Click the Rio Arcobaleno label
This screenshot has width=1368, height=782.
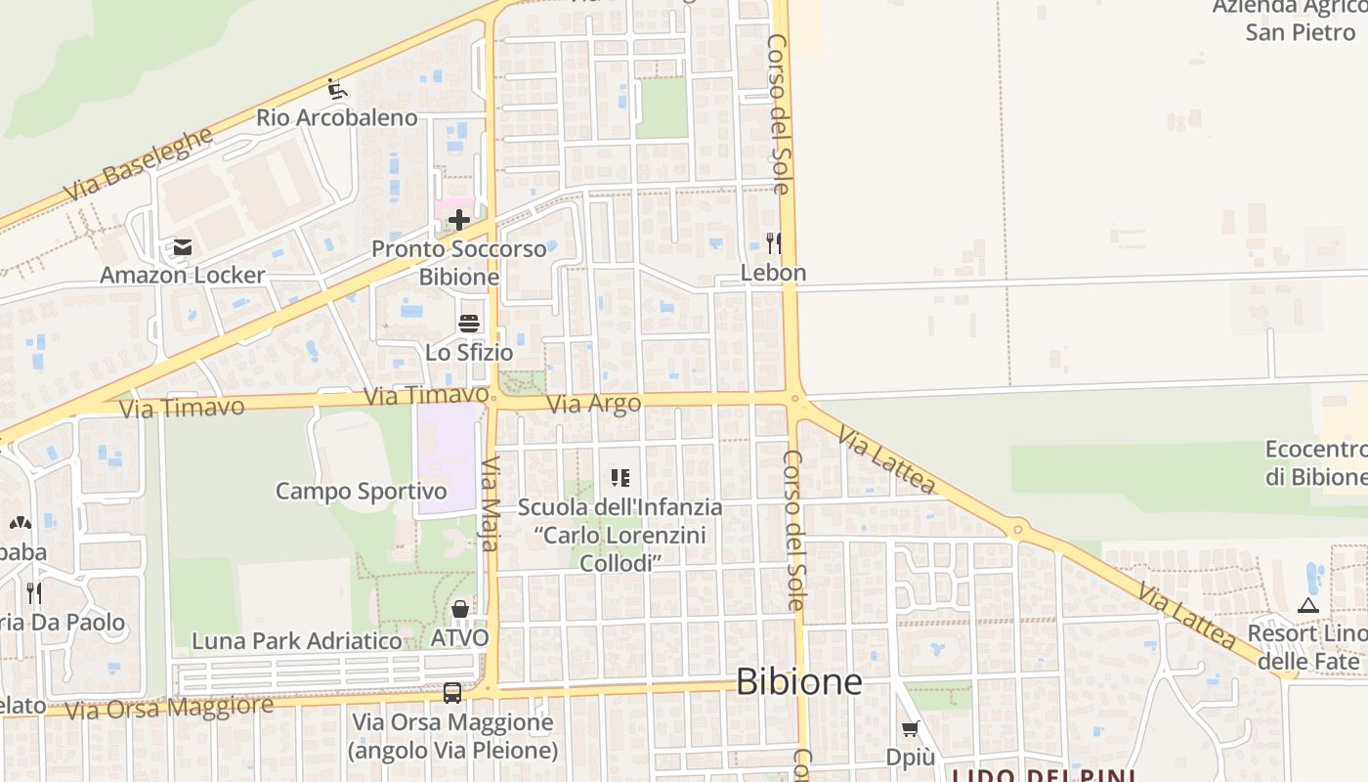point(336,118)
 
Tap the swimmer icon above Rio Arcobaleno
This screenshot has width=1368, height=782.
point(337,90)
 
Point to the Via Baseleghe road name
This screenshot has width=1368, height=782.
point(139,164)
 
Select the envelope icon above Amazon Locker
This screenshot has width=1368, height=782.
point(183,247)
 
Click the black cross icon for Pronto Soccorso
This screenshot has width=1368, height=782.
point(459,220)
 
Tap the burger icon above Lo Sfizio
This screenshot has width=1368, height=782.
point(469,324)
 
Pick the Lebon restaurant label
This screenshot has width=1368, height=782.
point(774,273)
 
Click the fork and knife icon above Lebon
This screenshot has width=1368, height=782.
point(774,242)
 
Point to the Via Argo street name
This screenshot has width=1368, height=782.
point(594,403)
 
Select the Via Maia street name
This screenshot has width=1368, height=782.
point(491,503)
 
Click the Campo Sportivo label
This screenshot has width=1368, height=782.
point(361,491)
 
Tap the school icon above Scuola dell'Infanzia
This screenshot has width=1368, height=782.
point(620,478)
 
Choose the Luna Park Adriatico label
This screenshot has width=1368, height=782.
point(297,641)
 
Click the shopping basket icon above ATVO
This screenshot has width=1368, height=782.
point(460,609)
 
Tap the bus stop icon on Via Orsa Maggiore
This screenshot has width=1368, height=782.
point(452,693)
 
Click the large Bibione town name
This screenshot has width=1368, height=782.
point(798,682)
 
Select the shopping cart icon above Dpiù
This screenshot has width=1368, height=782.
point(911,729)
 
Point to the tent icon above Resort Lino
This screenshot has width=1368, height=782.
point(1308,605)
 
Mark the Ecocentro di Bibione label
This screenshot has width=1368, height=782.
point(1315,463)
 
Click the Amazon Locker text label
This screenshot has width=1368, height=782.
point(183,275)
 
